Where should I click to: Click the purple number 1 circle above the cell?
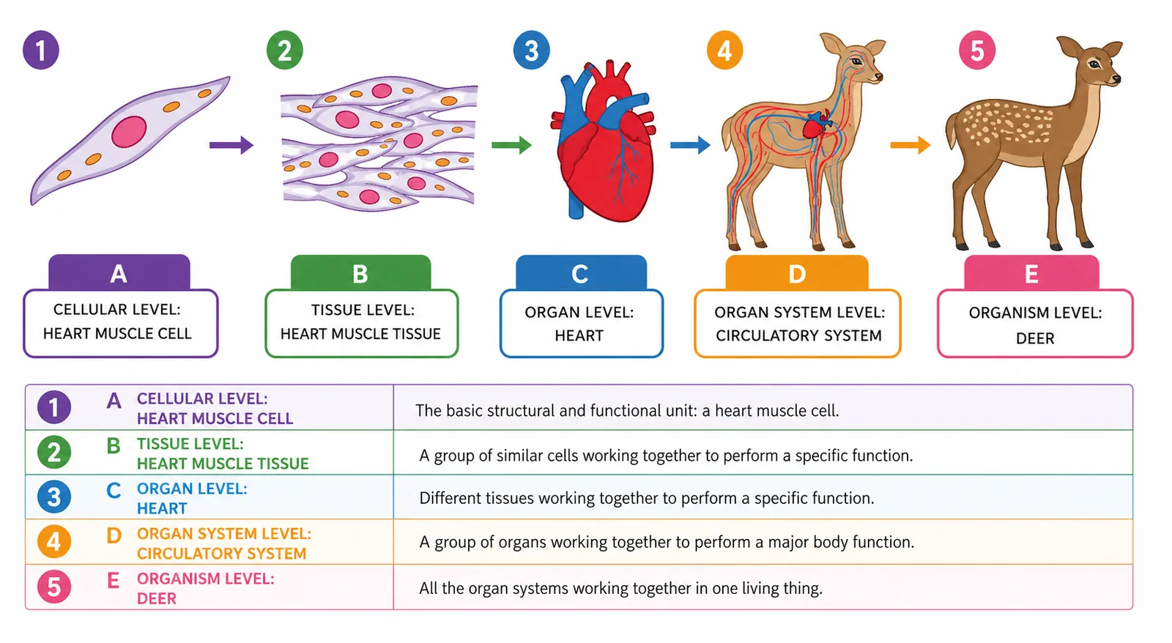point(41,51)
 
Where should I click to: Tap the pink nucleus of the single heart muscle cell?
point(129,131)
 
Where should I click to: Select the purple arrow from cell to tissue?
point(231,145)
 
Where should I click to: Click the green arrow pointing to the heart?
point(512,145)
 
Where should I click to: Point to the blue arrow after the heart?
point(690,145)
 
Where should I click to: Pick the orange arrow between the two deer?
point(910,145)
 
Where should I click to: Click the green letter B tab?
point(360,272)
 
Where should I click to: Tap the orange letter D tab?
point(797,272)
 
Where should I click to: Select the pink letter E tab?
point(1031,272)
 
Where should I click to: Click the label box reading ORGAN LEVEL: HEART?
point(582,324)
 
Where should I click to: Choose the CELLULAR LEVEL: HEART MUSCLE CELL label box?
point(120,324)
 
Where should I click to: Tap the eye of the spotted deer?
point(1094,65)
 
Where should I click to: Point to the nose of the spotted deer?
point(1116,79)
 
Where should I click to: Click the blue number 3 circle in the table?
point(54,497)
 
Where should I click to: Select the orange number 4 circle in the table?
point(54,541)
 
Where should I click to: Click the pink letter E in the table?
point(113,580)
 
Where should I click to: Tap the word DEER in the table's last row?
point(157,598)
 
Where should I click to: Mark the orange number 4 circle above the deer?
point(724,51)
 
